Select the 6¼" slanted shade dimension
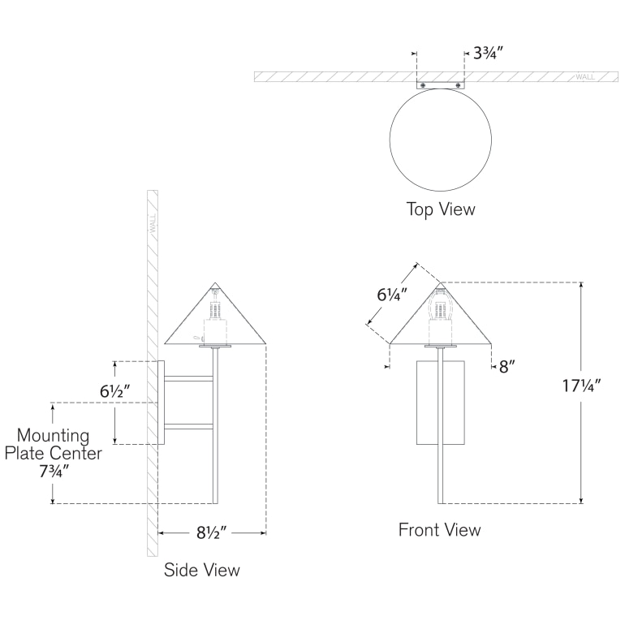391,295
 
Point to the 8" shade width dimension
507,366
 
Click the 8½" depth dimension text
210,533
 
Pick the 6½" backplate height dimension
116,390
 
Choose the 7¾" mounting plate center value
54,472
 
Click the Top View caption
440,209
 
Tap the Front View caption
439,530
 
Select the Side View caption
202,570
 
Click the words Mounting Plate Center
54,444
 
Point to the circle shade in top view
440,139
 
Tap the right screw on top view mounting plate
459,84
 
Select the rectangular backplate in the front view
440,403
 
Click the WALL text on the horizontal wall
584,77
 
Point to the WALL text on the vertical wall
152,223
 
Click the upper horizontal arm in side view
190,377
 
